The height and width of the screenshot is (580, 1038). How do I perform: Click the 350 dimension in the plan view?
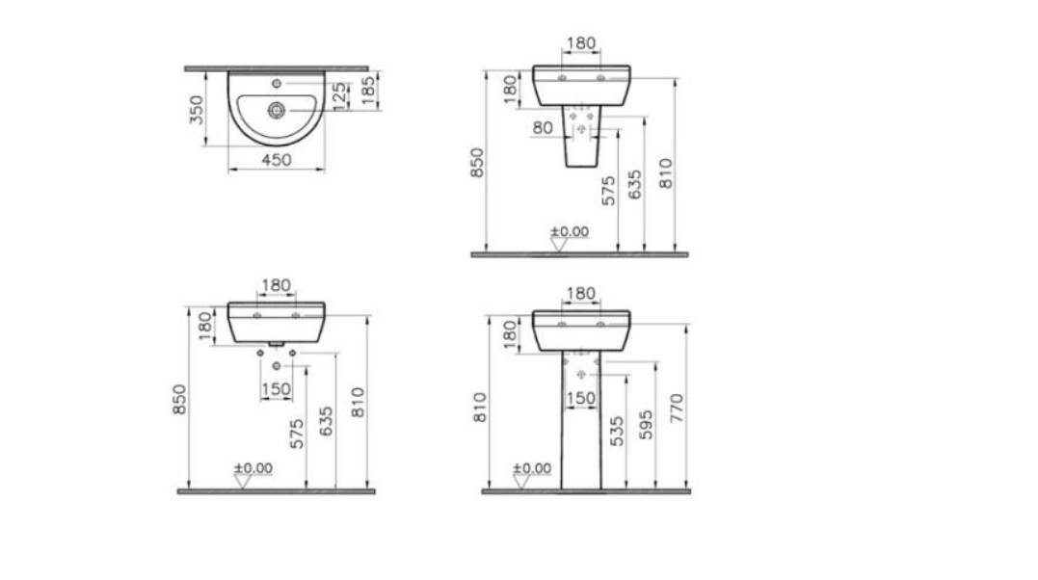click(x=197, y=110)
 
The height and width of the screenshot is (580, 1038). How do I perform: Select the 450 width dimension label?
click(x=277, y=160)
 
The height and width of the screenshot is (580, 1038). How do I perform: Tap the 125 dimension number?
click(x=339, y=96)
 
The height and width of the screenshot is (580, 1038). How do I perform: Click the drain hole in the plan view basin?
click(x=276, y=110)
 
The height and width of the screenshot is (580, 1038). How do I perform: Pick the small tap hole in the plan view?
click(x=277, y=84)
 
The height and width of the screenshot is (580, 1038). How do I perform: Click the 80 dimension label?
click(x=543, y=127)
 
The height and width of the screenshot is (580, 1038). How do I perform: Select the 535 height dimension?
click(x=616, y=431)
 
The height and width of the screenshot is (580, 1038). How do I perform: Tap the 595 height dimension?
click(x=646, y=425)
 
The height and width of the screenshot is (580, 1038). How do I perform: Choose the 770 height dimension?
click(x=676, y=409)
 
